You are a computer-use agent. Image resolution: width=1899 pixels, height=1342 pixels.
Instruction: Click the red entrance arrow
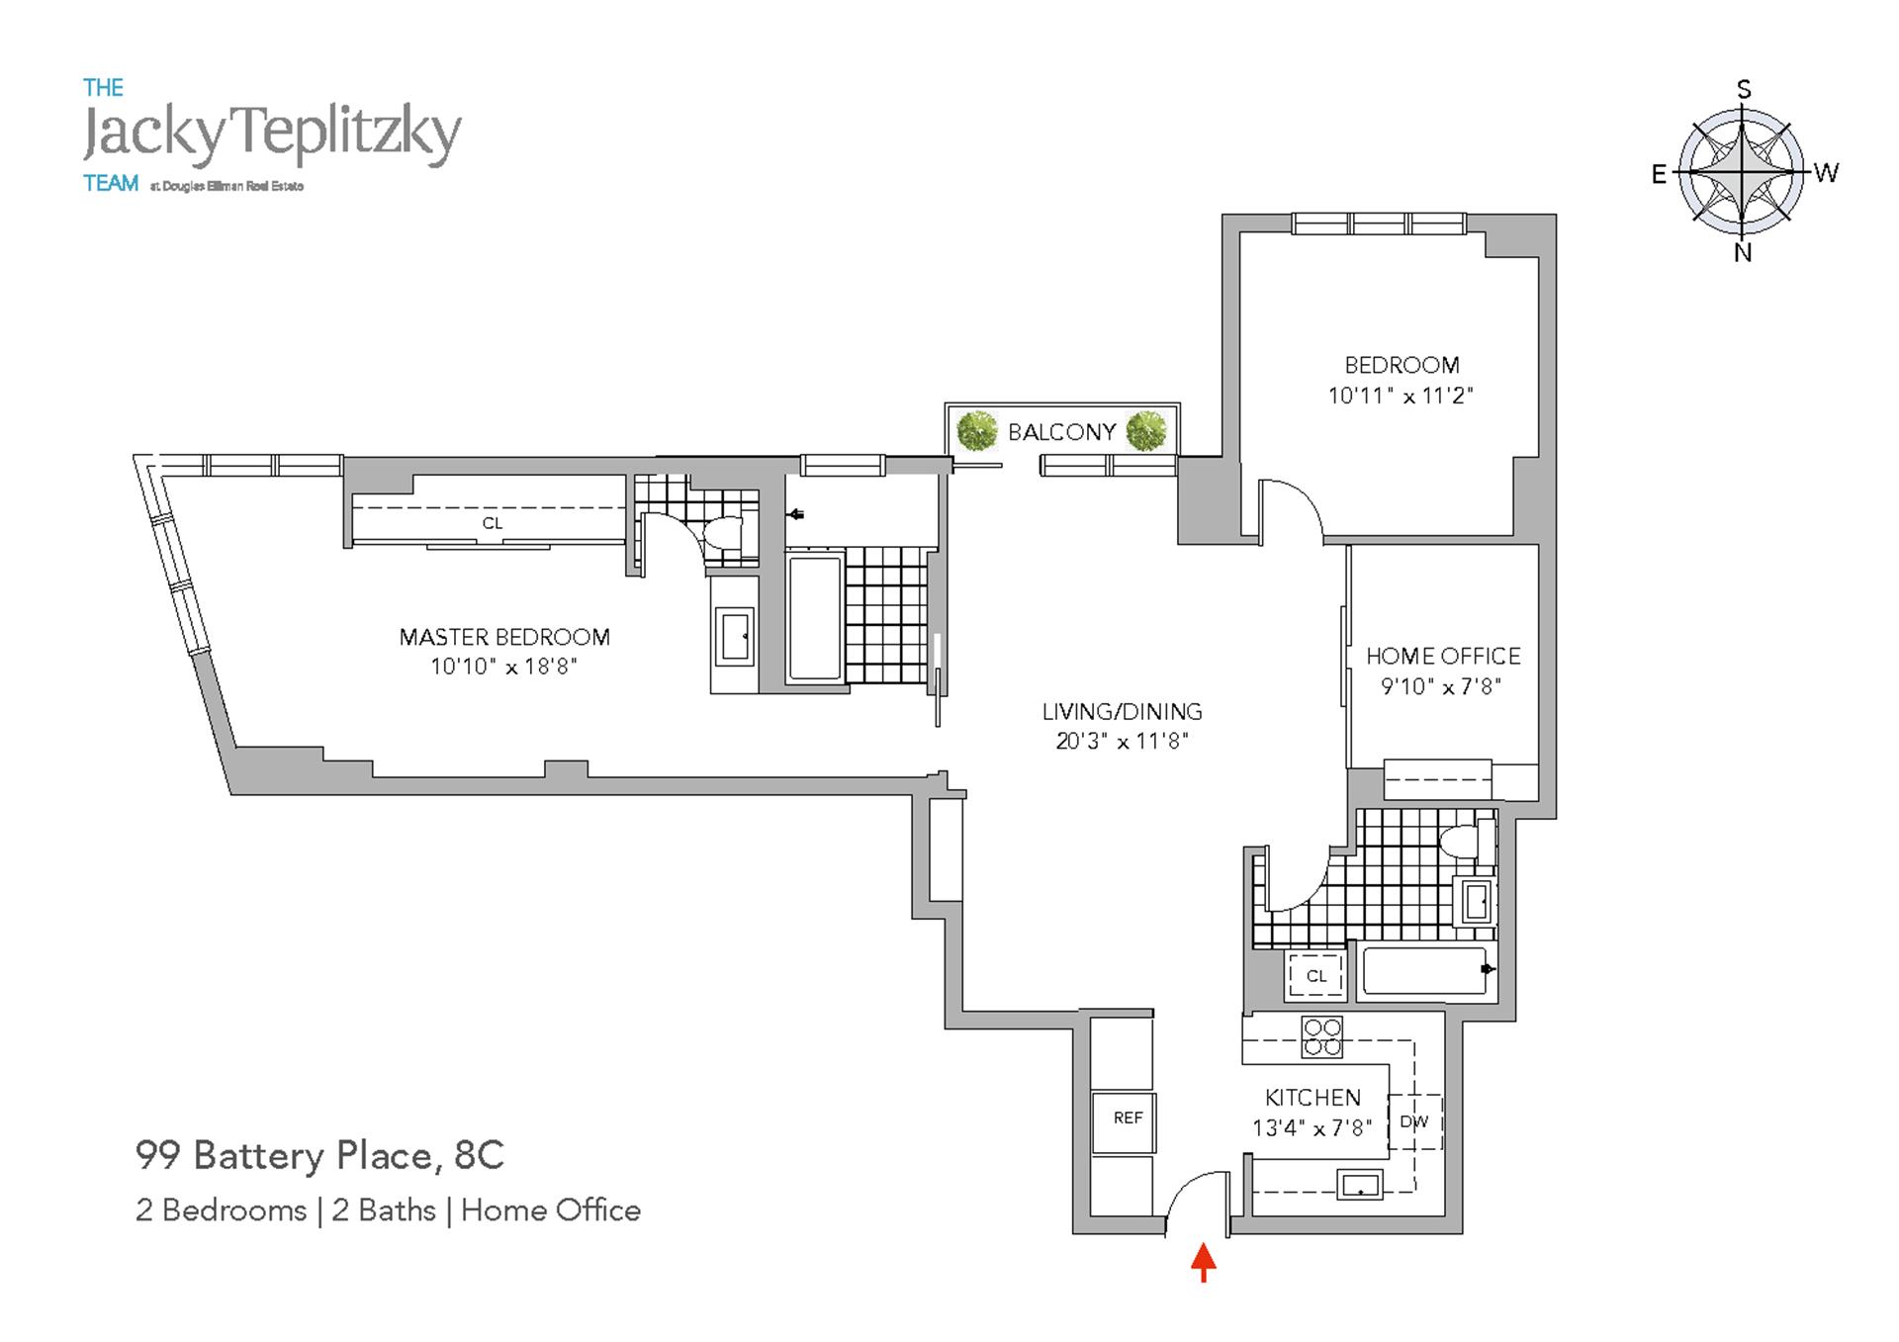coord(1203,1262)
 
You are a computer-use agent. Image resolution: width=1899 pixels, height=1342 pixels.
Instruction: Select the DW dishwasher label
coord(1414,1121)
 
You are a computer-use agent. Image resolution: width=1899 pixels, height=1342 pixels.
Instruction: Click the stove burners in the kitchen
coord(1321,1036)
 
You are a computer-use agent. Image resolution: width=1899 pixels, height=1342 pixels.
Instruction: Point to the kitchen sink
coord(1360,1184)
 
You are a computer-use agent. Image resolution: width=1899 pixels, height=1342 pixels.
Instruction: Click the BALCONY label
coord(1061,432)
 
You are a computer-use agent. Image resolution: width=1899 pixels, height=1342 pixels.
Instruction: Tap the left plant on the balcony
coord(977,431)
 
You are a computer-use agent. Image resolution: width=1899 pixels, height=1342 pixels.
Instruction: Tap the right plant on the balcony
coord(1146,431)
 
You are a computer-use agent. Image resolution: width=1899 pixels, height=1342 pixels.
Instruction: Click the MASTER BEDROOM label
coord(504,637)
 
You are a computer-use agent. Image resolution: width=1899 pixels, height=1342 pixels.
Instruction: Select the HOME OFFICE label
coord(1443,656)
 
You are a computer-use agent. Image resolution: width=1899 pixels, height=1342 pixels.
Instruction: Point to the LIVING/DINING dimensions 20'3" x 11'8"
coord(1122,741)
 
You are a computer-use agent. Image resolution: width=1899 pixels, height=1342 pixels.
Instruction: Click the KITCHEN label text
coord(1312,1098)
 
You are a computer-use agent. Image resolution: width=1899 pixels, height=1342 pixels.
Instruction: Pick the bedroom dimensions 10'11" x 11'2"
coord(1401,396)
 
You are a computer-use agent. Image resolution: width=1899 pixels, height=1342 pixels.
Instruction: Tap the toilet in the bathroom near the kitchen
coord(1467,841)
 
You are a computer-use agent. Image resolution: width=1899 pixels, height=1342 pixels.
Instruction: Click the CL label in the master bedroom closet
coord(493,523)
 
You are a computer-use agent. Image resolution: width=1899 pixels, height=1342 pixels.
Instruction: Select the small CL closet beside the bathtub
coord(1315,975)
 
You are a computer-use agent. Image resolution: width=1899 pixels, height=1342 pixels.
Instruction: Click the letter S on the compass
coord(1744,90)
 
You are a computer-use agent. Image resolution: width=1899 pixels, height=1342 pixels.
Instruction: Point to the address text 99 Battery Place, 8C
coord(319,1155)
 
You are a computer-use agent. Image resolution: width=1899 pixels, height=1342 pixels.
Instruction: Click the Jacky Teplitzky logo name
coord(272,135)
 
